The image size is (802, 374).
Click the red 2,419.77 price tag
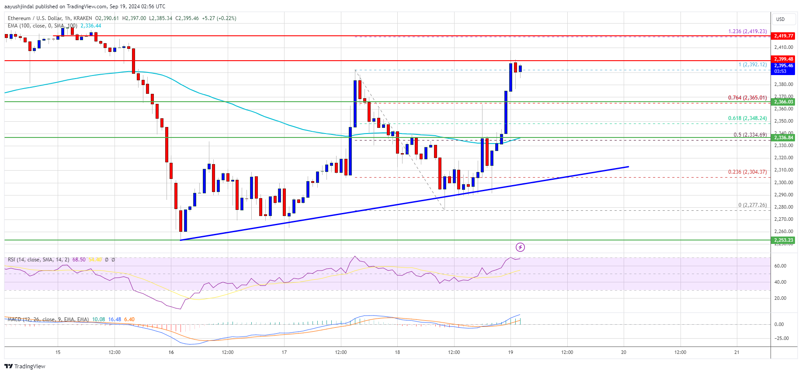coord(783,36)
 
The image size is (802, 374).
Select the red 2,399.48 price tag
coord(783,59)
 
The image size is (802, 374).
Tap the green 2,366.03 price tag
coord(783,102)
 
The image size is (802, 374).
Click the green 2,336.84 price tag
coord(783,137)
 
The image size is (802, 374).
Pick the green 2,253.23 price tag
coord(783,240)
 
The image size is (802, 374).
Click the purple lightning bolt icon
coord(520,247)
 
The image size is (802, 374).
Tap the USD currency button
coord(780,19)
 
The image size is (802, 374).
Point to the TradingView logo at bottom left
coord(25,366)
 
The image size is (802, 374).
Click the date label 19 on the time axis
coord(510,352)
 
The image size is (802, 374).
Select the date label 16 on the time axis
coord(171,352)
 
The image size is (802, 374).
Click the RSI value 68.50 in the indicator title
coord(79,260)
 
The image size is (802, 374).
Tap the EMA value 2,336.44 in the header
coord(90,26)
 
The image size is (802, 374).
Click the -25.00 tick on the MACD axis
coord(781,338)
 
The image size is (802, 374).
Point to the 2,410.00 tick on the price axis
coord(783,47)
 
